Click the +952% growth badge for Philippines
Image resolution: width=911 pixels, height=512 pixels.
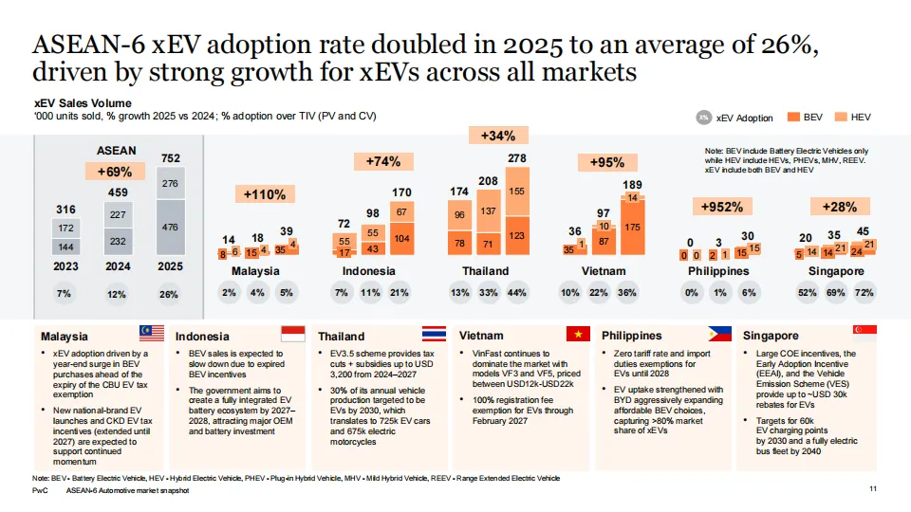[x=720, y=207]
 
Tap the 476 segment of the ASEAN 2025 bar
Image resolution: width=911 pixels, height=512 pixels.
[x=171, y=227]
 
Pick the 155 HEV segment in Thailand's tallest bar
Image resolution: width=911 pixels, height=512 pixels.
[x=518, y=191]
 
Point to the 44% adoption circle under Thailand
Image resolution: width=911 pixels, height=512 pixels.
[x=517, y=293]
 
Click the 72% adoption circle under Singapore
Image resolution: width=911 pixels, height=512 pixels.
[x=865, y=293]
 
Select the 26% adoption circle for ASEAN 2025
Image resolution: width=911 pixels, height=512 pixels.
[x=170, y=294]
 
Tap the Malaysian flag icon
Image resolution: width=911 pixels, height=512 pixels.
[x=151, y=332]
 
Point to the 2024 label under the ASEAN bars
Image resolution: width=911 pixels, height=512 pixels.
[x=118, y=268]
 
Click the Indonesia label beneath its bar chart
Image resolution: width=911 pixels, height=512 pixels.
[x=369, y=271]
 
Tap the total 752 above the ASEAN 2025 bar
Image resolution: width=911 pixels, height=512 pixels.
[x=171, y=158]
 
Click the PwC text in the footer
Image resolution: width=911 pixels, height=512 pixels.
[x=40, y=493]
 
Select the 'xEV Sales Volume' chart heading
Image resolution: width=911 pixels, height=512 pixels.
[x=83, y=102]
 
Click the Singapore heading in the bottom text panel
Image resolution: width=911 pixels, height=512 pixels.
[x=771, y=336]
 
